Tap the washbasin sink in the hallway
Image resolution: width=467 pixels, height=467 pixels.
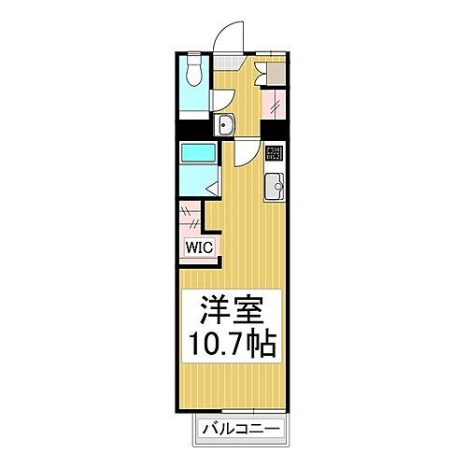(x=225, y=128)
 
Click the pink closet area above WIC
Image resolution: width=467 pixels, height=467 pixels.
(x=190, y=219)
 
